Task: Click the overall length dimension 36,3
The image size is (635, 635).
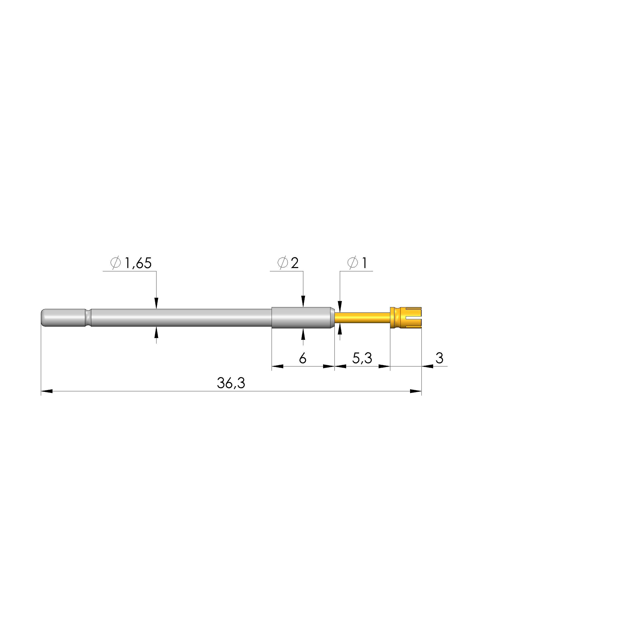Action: [x=231, y=383]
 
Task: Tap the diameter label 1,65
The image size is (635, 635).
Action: [x=138, y=263]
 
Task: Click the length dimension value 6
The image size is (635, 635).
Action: [x=303, y=358]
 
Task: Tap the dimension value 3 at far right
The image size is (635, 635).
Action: [x=439, y=358]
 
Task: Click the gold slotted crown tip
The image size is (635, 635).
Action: [x=405, y=317]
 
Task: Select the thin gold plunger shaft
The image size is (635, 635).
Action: [x=362, y=317]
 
